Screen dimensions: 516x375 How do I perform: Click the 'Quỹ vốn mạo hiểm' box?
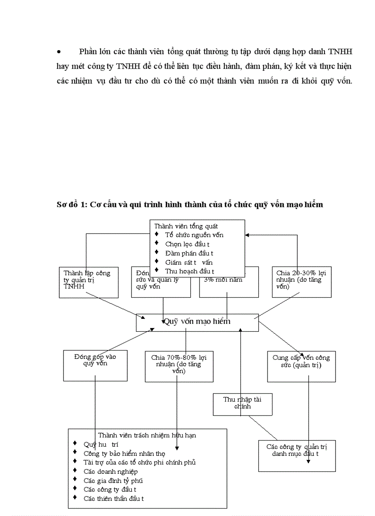point(197,322)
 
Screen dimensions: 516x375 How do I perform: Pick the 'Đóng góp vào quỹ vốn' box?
point(95,365)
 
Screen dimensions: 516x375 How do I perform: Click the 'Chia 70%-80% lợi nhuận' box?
point(179,366)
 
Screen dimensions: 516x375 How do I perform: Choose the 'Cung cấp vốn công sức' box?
point(301,366)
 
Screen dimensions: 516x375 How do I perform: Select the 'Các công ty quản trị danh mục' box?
point(292,455)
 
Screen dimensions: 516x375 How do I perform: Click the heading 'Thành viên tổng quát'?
point(186,226)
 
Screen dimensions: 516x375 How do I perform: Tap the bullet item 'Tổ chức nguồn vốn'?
point(194,235)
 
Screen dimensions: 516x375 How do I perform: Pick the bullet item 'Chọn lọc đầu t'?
point(187,244)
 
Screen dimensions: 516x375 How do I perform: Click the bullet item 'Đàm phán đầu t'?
point(189,253)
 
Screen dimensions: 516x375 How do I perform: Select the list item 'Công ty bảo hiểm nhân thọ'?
point(121,453)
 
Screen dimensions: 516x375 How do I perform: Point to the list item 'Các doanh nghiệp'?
point(110,471)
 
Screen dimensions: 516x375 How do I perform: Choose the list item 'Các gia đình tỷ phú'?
point(113,480)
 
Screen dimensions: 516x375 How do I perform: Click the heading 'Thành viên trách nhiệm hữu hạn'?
point(147,435)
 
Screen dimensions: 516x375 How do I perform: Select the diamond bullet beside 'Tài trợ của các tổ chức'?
point(74,461)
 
